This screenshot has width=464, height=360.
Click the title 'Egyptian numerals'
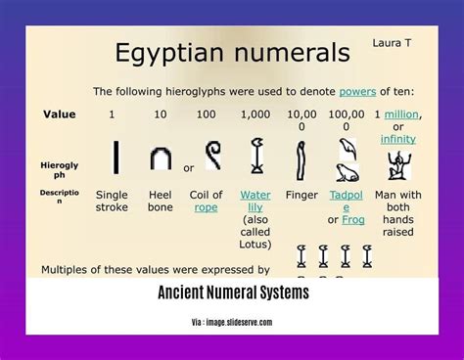[232, 53]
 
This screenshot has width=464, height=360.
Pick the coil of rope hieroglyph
[210, 155]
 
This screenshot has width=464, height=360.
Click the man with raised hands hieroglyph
[397, 160]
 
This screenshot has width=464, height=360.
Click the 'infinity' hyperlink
[397, 139]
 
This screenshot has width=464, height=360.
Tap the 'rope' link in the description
[207, 207]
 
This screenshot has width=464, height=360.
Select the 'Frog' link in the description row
[354, 219]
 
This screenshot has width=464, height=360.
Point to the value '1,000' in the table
[255, 114]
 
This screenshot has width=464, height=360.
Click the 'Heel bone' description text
[161, 201]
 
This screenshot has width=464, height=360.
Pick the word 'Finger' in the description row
[302, 195]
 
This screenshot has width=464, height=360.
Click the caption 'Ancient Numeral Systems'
[232, 292]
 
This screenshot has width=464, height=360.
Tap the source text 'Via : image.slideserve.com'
[232, 322]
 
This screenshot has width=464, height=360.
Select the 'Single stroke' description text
[112, 201]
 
